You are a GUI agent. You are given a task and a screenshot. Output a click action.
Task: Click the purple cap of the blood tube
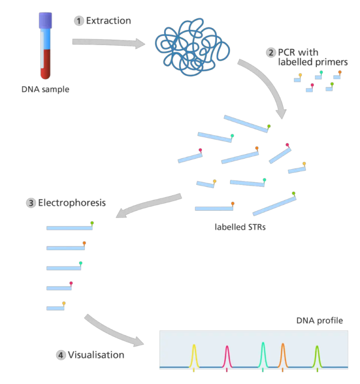[45, 20]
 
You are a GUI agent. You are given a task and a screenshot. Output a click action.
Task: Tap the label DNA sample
[45, 89]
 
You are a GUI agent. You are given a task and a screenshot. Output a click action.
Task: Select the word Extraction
[108, 21]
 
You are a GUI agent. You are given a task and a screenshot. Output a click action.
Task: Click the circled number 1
[79, 21]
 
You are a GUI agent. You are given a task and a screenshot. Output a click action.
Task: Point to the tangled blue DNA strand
[192, 47]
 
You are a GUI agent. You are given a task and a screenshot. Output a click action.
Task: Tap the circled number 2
[271, 52]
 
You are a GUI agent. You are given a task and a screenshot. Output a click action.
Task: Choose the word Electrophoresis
[72, 203]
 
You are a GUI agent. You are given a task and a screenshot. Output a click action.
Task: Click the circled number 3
[31, 203]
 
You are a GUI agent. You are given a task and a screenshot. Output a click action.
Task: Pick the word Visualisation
[96, 355]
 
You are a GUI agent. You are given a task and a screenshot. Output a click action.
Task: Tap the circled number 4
[61, 355]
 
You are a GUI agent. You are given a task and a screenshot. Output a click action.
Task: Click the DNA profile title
[320, 321]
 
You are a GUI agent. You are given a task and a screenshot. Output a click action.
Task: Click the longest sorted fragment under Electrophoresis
[69, 228]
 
